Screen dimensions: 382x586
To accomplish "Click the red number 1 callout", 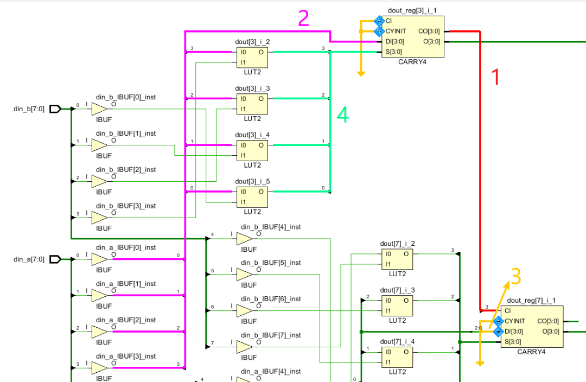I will pos(495,77).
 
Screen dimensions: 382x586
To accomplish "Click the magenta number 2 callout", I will pos(304,20).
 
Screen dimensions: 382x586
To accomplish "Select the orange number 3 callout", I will pos(516,276).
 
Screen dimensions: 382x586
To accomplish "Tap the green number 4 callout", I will pos(342,114).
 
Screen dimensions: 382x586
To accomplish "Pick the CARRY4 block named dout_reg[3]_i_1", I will pos(412,36).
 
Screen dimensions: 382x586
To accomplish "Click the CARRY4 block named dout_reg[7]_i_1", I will pos(532,326).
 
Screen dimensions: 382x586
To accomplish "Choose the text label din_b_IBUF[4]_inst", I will pos(271,227).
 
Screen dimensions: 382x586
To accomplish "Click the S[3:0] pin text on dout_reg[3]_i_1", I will pos(394,52).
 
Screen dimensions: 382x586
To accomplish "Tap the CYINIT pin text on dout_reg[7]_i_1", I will pos(515,321).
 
